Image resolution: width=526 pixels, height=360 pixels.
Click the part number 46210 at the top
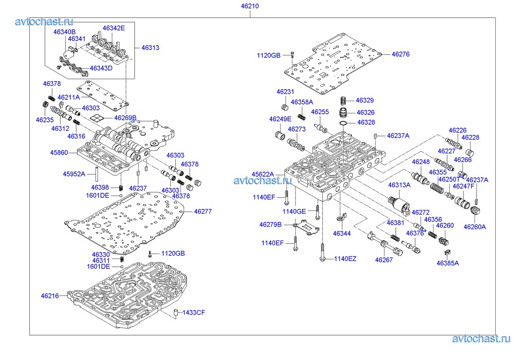pyautogui.click(x=250, y=6)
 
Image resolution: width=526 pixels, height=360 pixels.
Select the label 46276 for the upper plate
pyautogui.click(x=400, y=54)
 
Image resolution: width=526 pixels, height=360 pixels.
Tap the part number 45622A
pyautogui.click(x=262, y=174)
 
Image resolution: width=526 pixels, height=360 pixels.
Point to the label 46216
pyautogui.click(x=50, y=296)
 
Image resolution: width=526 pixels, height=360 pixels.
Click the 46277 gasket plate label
pyautogui.click(x=202, y=211)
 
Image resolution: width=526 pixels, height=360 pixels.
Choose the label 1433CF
pyautogui.click(x=194, y=312)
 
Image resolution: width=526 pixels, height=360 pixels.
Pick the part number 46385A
pyautogui.click(x=447, y=263)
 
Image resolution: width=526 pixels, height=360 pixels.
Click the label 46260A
pyautogui.click(x=475, y=227)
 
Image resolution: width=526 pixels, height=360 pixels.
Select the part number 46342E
pyautogui.click(x=114, y=28)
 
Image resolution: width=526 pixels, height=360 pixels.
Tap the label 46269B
pyautogui.click(x=125, y=118)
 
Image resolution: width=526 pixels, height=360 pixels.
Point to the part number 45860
pyautogui.click(x=58, y=153)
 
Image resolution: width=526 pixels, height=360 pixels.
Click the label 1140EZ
pyautogui.click(x=345, y=258)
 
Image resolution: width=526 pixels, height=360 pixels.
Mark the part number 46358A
pyautogui.click(x=302, y=102)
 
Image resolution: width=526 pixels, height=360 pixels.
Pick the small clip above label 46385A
pyautogui.click(x=446, y=253)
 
